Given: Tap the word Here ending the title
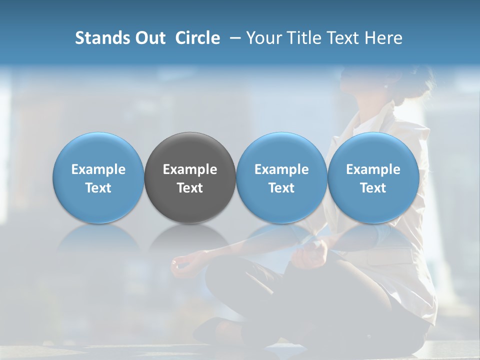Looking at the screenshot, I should [x=384, y=38].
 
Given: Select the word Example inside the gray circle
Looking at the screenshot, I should [x=190, y=169].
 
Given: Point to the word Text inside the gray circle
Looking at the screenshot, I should [x=190, y=188].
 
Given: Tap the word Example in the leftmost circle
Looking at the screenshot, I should [x=98, y=169].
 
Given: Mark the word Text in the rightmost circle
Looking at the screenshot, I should [x=373, y=188].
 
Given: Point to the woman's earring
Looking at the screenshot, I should [x=385, y=86].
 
